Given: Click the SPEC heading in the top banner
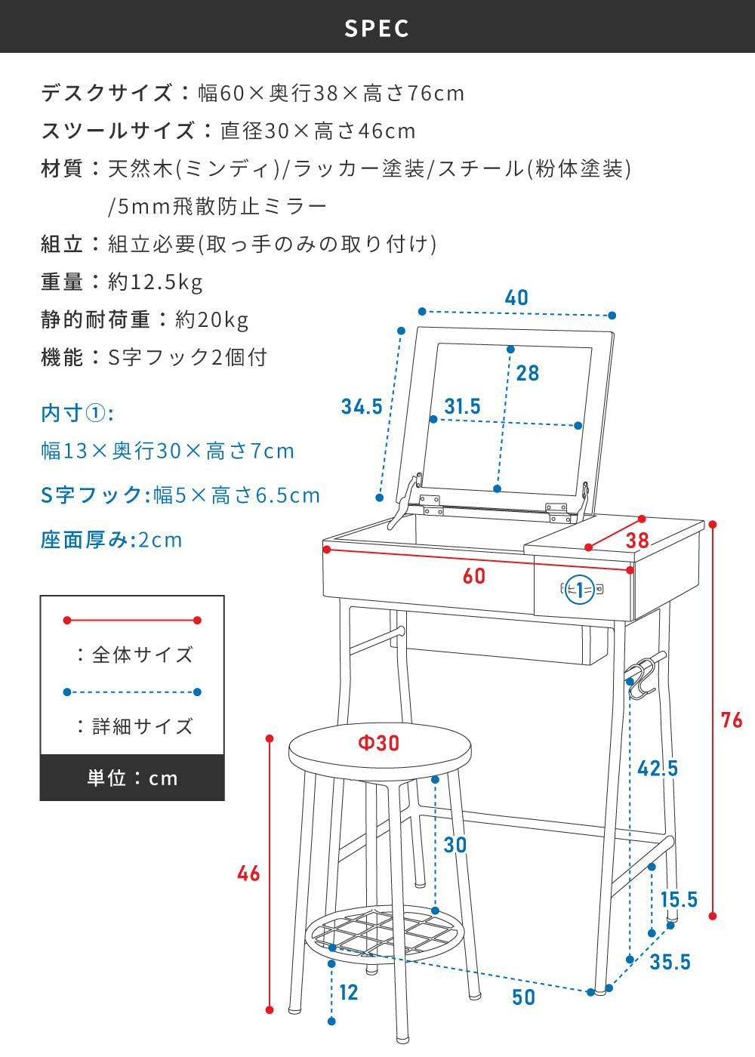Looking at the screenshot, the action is tap(377, 29).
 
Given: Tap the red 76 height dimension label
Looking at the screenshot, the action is tap(732, 720).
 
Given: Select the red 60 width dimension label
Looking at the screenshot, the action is tap(474, 576).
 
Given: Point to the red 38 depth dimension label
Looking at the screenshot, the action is tap(637, 541).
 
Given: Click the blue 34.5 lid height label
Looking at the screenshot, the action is tap(362, 407).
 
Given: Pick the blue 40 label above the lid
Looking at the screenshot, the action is tap(516, 297).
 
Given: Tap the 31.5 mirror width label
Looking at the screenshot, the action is tap(462, 406).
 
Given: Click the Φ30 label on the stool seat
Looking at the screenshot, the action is tap(379, 743).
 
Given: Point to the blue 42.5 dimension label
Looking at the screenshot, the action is tap(658, 769).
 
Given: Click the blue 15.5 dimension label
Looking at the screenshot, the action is tap(679, 900).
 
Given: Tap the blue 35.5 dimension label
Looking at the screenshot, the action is tap(670, 962).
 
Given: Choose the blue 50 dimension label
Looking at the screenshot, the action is tap(524, 997).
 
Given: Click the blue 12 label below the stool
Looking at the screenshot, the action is tap(348, 993).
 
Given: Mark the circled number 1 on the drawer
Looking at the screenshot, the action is tap(580, 590).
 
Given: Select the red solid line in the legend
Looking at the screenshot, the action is tap(132, 620).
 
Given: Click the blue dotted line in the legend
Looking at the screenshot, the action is tap(132, 692).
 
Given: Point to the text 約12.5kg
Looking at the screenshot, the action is tap(156, 282).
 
